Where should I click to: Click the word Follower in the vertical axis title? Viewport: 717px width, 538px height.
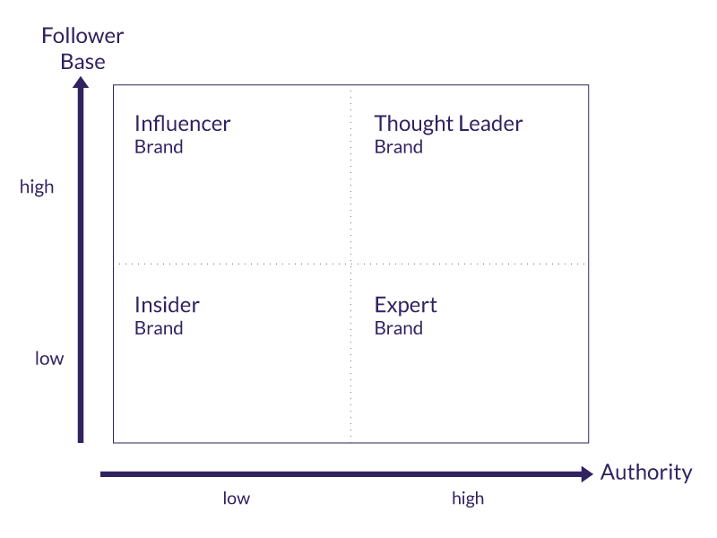pos(82,37)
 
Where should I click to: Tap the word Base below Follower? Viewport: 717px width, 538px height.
pos(82,62)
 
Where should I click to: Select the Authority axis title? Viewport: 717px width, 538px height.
pos(645,473)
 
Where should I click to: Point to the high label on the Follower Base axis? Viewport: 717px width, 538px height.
pos(37,187)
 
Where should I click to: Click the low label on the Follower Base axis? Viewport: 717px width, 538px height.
pos(49,359)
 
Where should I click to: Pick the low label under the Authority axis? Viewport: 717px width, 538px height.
pos(237,499)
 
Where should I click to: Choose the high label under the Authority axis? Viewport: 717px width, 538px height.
pos(468,499)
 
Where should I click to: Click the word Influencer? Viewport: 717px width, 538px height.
pos(182,124)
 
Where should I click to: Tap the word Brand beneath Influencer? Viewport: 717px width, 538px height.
pos(159,147)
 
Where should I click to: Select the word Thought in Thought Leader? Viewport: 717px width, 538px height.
pos(408,124)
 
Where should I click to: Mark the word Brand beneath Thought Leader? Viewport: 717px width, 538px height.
pos(398,147)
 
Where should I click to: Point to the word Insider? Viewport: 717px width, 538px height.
pos(167,305)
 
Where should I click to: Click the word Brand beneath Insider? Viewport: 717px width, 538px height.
pos(159,328)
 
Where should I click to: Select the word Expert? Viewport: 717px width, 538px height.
pos(405,305)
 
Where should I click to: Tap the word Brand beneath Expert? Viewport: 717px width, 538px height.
pos(398,328)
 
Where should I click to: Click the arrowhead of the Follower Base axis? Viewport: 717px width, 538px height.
pos(81,83)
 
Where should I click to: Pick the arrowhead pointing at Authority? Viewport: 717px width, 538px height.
pos(587,473)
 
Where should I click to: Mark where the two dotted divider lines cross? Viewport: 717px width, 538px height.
pos(350,264)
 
